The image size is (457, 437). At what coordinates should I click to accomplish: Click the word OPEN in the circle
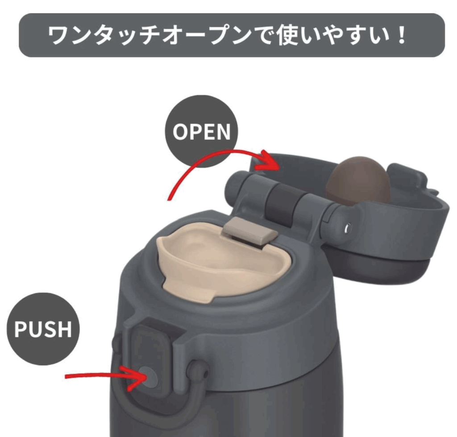[x=201, y=132]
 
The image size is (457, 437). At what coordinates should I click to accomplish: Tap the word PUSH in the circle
[x=43, y=329]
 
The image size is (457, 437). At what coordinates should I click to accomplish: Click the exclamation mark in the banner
[x=402, y=35]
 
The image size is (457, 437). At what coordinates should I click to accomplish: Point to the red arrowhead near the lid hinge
[x=268, y=161]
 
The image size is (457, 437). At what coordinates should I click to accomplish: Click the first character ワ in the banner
[x=58, y=35]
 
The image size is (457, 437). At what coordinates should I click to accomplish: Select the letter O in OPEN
[x=180, y=132]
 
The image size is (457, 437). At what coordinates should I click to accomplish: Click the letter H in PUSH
[x=64, y=329]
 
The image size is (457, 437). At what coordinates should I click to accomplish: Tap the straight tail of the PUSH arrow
[x=94, y=375]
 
